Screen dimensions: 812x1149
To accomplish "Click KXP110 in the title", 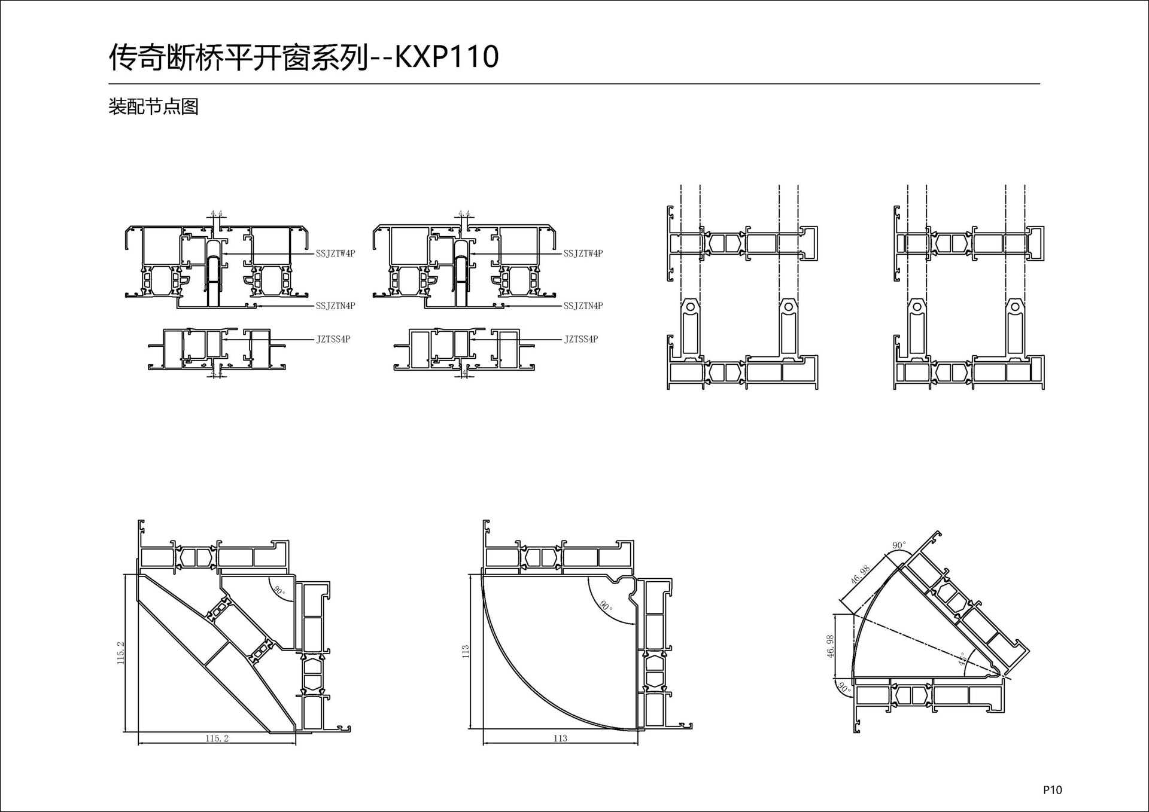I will click(x=446, y=57).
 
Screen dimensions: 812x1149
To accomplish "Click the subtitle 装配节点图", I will click(x=153, y=106).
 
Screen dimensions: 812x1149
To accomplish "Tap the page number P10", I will click(x=1052, y=789).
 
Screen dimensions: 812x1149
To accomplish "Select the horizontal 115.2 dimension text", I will click(x=217, y=738).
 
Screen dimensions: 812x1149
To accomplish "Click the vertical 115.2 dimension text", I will click(x=121, y=653).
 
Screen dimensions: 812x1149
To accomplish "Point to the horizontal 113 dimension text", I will click(x=560, y=738).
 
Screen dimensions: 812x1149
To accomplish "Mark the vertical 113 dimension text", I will click(x=466, y=652).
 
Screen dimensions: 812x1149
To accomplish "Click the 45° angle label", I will click(x=962, y=659).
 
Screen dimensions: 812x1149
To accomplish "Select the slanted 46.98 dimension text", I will click(x=859, y=575).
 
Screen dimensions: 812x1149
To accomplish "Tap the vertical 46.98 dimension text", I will click(x=831, y=646).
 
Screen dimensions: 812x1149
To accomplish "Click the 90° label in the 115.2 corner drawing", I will click(x=279, y=591).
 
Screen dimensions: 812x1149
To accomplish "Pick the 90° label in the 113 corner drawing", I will click(x=606, y=606).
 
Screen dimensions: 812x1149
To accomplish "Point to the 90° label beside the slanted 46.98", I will click(x=899, y=545).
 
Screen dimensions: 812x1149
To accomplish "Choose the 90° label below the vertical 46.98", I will click(x=844, y=688).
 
